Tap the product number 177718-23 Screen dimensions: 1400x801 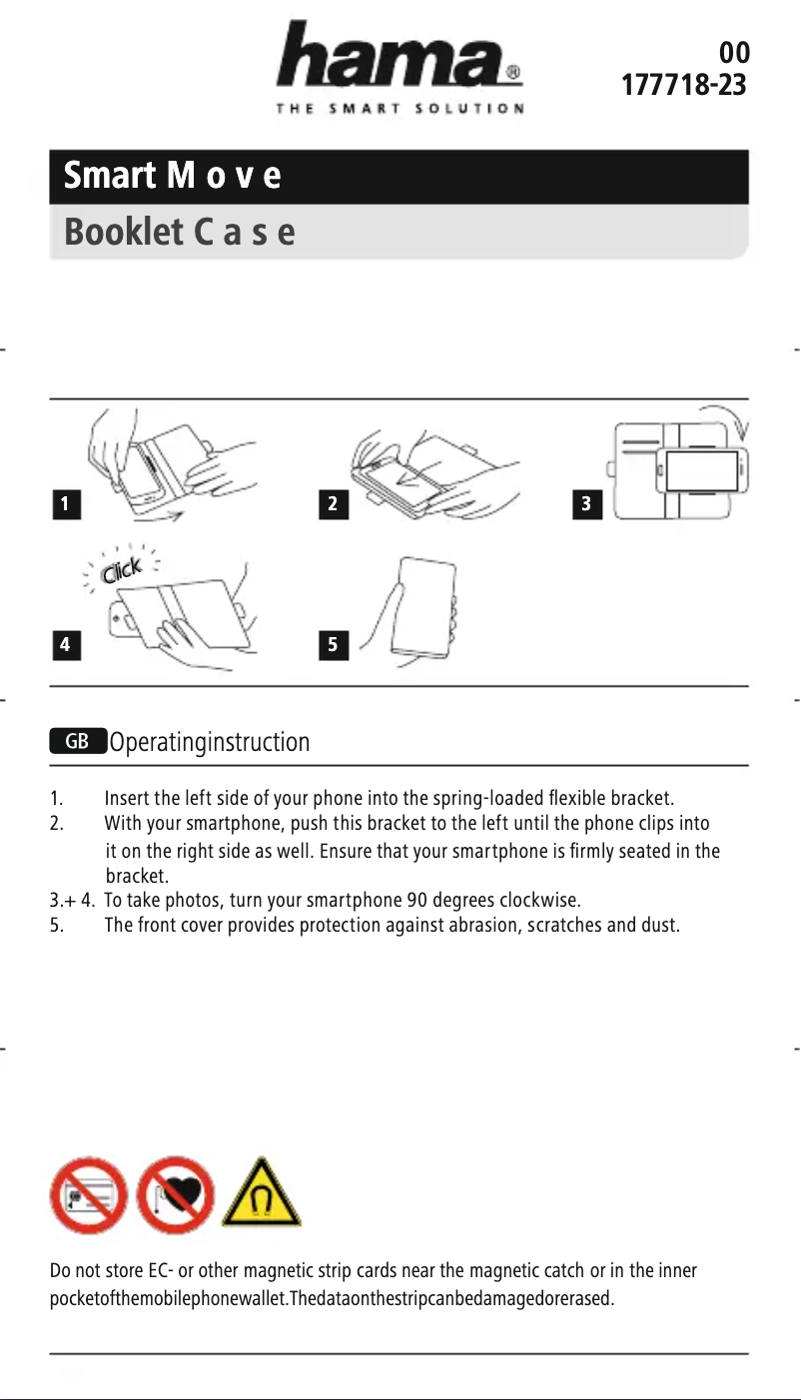point(684,85)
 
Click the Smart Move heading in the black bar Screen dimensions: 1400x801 point(172,177)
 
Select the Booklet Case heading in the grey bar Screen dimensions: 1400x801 point(180,233)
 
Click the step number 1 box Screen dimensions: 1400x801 point(65,504)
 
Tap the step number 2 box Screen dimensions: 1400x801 point(334,504)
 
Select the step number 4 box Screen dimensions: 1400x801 point(65,645)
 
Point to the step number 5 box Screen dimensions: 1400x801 point(334,645)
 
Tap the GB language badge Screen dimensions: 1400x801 point(78,742)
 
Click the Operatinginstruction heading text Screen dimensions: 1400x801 point(210,743)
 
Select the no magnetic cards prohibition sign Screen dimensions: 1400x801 point(88,1196)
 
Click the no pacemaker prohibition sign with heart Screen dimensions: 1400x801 point(174,1196)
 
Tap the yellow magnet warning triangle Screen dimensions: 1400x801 point(261,1198)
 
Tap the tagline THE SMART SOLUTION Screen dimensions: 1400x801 point(400,109)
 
